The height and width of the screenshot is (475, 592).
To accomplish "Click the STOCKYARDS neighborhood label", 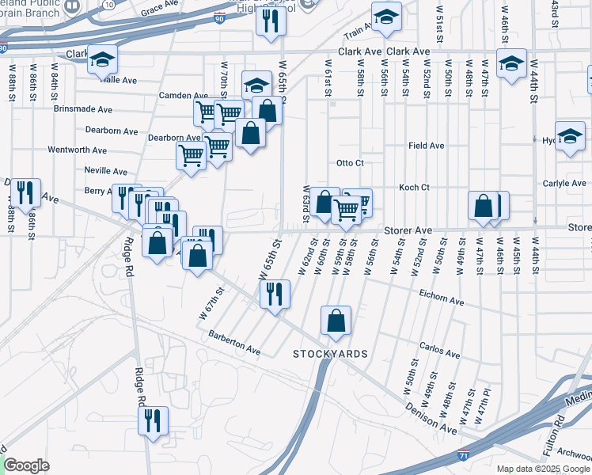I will pyautogui.click(x=330, y=352).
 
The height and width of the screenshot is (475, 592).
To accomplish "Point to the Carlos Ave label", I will pyautogui.click(x=440, y=350).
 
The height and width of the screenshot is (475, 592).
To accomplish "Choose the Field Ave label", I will pyautogui.click(x=426, y=146).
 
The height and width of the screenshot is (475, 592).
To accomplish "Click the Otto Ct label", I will pyautogui.click(x=349, y=164).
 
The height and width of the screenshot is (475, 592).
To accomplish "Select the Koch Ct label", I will pyautogui.click(x=413, y=188).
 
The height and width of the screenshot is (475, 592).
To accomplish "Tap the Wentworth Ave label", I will pyautogui.click(x=77, y=150).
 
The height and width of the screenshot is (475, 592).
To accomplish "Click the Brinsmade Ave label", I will pyautogui.click(x=83, y=109).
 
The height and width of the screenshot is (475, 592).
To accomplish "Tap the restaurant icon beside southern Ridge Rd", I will pyautogui.click(x=153, y=421).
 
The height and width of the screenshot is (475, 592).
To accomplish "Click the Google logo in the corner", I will pyautogui.click(x=26, y=465).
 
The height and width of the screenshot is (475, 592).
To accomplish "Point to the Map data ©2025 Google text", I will pyautogui.click(x=543, y=469).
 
